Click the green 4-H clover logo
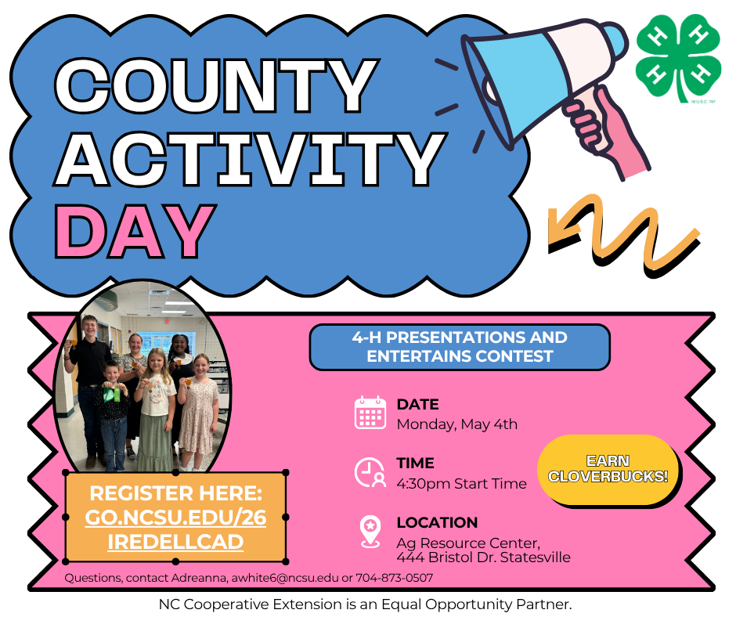(x=678, y=58)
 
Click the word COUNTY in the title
(x=217, y=86)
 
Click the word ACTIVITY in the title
(x=250, y=159)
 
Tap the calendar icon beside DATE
(x=370, y=413)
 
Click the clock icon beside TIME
(x=370, y=472)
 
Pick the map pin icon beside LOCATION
(x=370, y=532)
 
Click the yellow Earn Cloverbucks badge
(x=608, y=469)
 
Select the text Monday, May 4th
(x=456, y=424)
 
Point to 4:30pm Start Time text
(x=461, y=484)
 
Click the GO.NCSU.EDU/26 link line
(x=175, y=518)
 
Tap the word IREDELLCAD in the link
(x=175, y=542)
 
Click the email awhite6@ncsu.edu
(x=285, y=578)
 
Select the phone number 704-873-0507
(x=395, y=578)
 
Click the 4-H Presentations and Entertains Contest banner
(x=460, y=347)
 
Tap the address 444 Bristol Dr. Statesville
(x=483, y=557)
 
